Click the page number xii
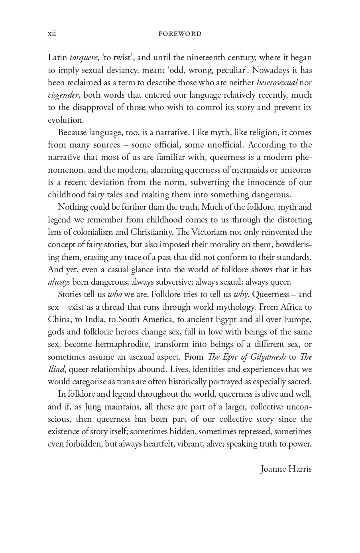(52, 33)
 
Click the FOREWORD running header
(180, 34)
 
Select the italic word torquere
(83, 58)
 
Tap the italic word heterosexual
(277, 83)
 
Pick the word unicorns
(296, 170)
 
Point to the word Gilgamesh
(268, 357)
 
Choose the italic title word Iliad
(56, 369)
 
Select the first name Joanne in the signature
(273, 469)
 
